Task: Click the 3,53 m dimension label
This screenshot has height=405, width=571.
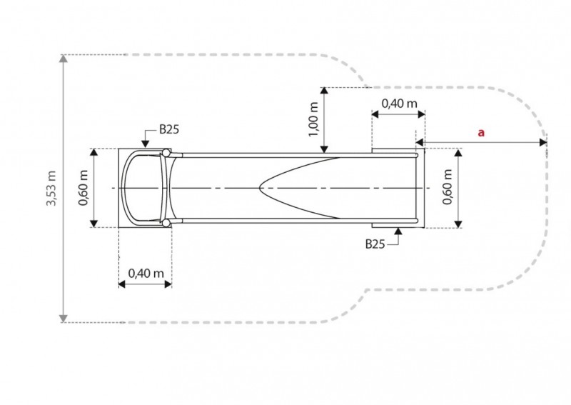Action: pos(51,188)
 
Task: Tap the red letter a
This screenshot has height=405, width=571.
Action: pos(481,132)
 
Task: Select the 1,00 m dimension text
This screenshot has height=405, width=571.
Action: pos(313,119)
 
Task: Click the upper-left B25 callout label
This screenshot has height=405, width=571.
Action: pos(169,129)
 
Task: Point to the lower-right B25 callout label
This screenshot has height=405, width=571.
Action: pos(375,244)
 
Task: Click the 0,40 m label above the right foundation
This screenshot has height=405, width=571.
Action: pos(399,104)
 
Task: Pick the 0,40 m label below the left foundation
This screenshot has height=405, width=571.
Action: pos(146,273)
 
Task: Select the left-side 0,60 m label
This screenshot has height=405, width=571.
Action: pos(83,188)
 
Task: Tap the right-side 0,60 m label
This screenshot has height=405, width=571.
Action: pos(447,187)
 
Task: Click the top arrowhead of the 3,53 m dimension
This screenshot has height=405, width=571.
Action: pos(64,58)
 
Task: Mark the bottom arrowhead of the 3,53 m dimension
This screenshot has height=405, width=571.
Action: pos(64,319)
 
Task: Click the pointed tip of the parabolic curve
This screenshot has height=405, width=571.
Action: pos(259,188)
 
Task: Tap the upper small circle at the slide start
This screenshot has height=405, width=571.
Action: pos(166,153)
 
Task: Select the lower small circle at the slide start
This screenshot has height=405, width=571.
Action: pos(166,223)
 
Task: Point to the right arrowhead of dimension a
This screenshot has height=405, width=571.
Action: pos(543,142)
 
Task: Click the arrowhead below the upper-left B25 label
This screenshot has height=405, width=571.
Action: pos(146,144)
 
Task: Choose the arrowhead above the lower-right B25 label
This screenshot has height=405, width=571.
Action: pos(398,231)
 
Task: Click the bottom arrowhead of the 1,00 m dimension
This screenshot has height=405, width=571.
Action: pos(324,149)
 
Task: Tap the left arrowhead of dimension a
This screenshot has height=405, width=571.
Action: pos(420,142)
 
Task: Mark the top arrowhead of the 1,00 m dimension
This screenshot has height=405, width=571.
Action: pos(324,91)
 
